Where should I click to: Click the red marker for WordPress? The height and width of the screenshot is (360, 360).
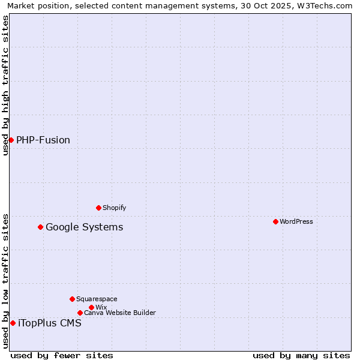275,221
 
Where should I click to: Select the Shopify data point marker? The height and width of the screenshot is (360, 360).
98,208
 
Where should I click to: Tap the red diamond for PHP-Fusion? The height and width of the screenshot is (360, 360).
11,140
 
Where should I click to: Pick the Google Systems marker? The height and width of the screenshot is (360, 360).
40,227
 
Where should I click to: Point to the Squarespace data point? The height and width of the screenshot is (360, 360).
72,299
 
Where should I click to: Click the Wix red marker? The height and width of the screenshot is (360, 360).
91,307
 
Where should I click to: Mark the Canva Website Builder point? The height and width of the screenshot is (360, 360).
80,313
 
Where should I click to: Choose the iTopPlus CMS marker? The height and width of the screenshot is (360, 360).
13,323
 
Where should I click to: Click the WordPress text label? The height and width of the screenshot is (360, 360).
296,221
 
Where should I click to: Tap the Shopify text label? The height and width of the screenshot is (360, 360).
114,208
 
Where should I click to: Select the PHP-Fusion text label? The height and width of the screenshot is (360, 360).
43,140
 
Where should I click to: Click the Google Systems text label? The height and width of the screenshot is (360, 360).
85,227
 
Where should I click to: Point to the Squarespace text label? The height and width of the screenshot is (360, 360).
97,299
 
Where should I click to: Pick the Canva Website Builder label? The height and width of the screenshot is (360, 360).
120,313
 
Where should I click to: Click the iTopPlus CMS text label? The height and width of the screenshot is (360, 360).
50,323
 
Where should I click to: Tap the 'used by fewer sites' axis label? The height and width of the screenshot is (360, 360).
62,355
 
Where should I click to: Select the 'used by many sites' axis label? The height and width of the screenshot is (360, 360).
301,355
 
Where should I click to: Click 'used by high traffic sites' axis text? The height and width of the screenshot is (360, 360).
5,85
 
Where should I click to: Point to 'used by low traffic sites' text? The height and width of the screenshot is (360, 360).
5,280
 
